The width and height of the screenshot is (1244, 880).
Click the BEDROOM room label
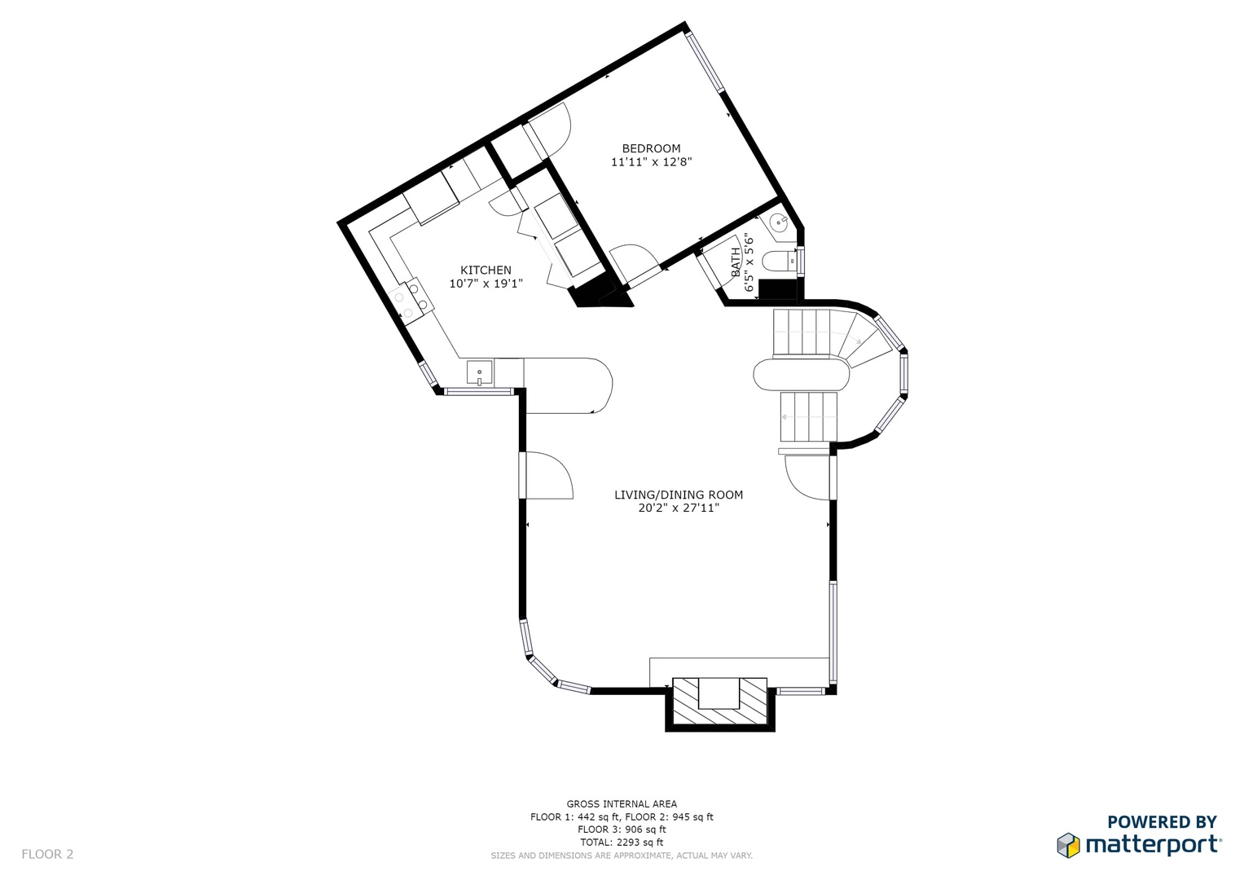click(651, 148)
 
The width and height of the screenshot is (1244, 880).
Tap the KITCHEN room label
click(486, 270)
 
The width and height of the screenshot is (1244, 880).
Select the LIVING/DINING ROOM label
click(679, 495)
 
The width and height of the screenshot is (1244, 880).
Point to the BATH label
click(736, 262)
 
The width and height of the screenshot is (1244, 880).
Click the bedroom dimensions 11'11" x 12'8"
click(652, 162)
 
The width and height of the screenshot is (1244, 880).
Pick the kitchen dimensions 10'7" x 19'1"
click(486, 284)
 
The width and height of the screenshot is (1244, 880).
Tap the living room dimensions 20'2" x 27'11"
click(679, 508)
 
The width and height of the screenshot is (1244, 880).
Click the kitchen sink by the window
click(480, 373)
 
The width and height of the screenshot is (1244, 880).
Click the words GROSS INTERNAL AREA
click(622, 804)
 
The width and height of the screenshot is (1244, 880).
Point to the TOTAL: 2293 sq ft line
click(622, 843)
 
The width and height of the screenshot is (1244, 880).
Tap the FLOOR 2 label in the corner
click(47, 855)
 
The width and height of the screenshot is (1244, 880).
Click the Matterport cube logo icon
click(1068, 845)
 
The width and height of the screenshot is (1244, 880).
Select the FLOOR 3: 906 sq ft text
click(622, 829)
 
